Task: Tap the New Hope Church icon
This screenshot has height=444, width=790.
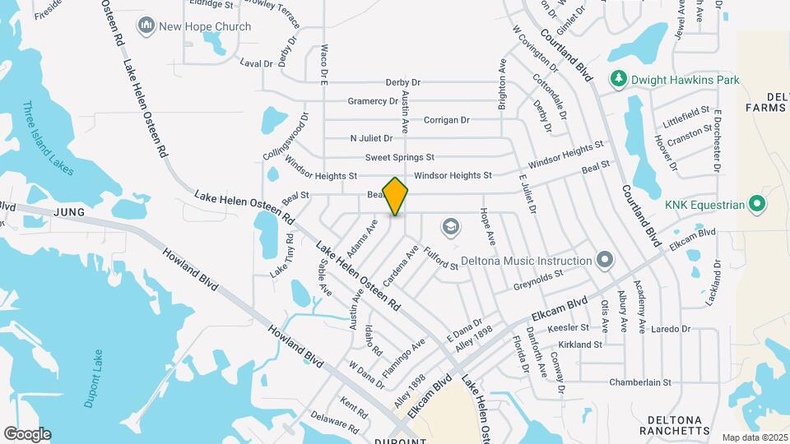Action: click(x=147, y=26)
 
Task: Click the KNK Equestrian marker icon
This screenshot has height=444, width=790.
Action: click(x=759, y=204)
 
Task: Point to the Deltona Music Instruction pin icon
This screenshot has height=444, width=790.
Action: click(x=606, y=261)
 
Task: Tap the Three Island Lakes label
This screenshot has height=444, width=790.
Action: click(x=48, y=137)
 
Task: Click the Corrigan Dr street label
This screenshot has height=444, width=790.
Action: click(x=446, y=120)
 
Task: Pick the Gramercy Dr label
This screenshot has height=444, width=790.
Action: click(x=372, y=101)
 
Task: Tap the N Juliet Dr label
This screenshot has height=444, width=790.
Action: click(x=371, y=138)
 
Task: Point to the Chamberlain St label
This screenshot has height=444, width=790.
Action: click(x=640, y=382)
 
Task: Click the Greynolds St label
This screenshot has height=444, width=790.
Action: click(x=537, y=280)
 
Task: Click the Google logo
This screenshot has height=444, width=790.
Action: click(x=26, y=434)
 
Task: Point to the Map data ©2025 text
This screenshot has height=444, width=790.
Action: click(x=755, y=437)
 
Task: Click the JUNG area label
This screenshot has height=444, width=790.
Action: click(x=70, y=212)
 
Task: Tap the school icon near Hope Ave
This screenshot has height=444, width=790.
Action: click(x=450, y=225)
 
